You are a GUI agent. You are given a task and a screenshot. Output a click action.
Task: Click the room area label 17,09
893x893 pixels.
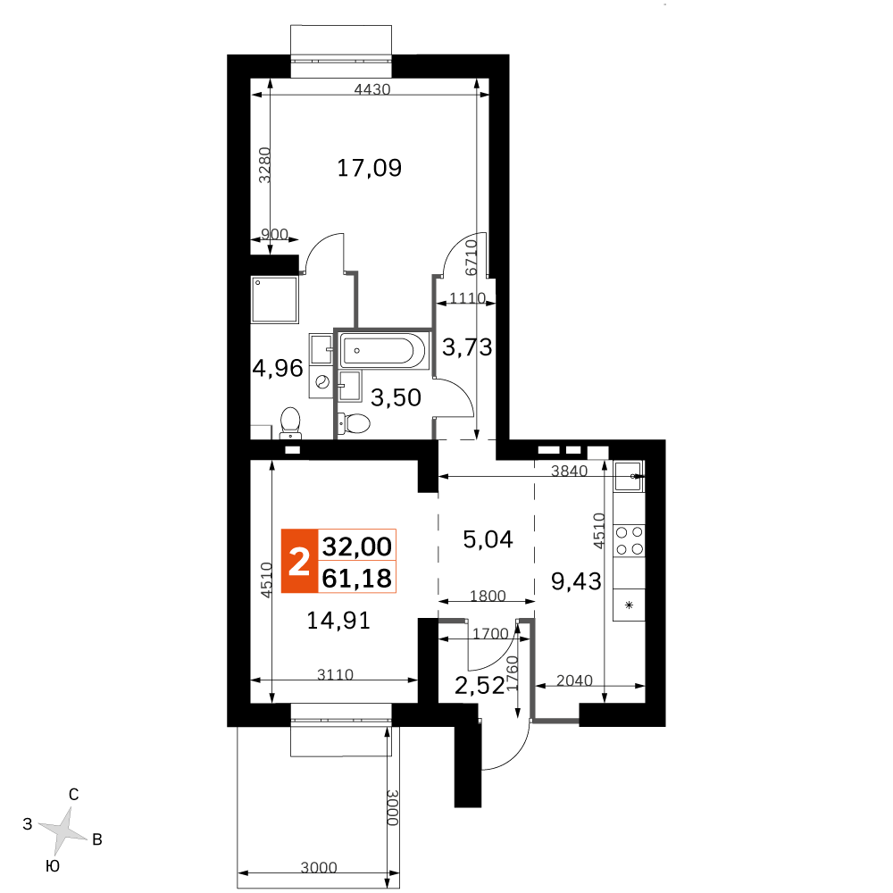[x=369, y=168]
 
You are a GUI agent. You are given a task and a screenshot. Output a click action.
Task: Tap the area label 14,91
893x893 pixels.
[x=338, y=621]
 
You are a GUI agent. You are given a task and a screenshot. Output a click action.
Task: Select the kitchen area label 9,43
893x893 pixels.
[x=576, y=581]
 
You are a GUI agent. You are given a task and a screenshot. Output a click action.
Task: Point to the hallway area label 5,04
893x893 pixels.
[x=488, y=538]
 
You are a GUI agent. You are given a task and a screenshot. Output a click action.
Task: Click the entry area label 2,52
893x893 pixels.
[x=480, y=686]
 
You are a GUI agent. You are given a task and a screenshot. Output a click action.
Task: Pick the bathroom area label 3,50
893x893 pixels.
[x=396, y=397]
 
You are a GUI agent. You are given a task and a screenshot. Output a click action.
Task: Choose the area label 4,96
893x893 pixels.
[x=278, y=369]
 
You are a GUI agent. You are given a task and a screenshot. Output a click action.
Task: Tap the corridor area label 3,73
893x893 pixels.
[x=467, y=346]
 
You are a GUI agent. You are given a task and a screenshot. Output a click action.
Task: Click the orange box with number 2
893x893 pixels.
[x=299, y=561]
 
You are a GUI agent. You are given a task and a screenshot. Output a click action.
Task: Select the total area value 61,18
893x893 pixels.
[x=357, y=579]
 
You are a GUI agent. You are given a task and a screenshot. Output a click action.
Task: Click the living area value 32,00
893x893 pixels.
[x=357, y=547]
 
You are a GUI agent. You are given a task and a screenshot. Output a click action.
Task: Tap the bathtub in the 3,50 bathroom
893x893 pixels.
[x=383, y=350]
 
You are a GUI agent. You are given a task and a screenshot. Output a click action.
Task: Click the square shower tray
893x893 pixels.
[x=274, y=299]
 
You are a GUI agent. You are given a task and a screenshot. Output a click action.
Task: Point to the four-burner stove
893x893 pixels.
[x=630, y=540]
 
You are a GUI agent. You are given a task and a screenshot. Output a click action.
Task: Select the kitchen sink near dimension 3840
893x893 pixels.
[x=629, y=476]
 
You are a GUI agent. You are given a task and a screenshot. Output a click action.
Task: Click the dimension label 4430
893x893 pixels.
[x=372, y=89]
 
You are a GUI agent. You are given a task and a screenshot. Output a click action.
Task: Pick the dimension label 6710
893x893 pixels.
[x=471, y=257]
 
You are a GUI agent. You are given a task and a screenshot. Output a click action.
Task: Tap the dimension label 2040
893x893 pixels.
[x=574, y=680]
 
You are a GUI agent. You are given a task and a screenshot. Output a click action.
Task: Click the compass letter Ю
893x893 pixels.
[x=52, y=866]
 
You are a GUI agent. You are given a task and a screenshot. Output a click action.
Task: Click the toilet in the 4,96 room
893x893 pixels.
[x=290, y=422]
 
